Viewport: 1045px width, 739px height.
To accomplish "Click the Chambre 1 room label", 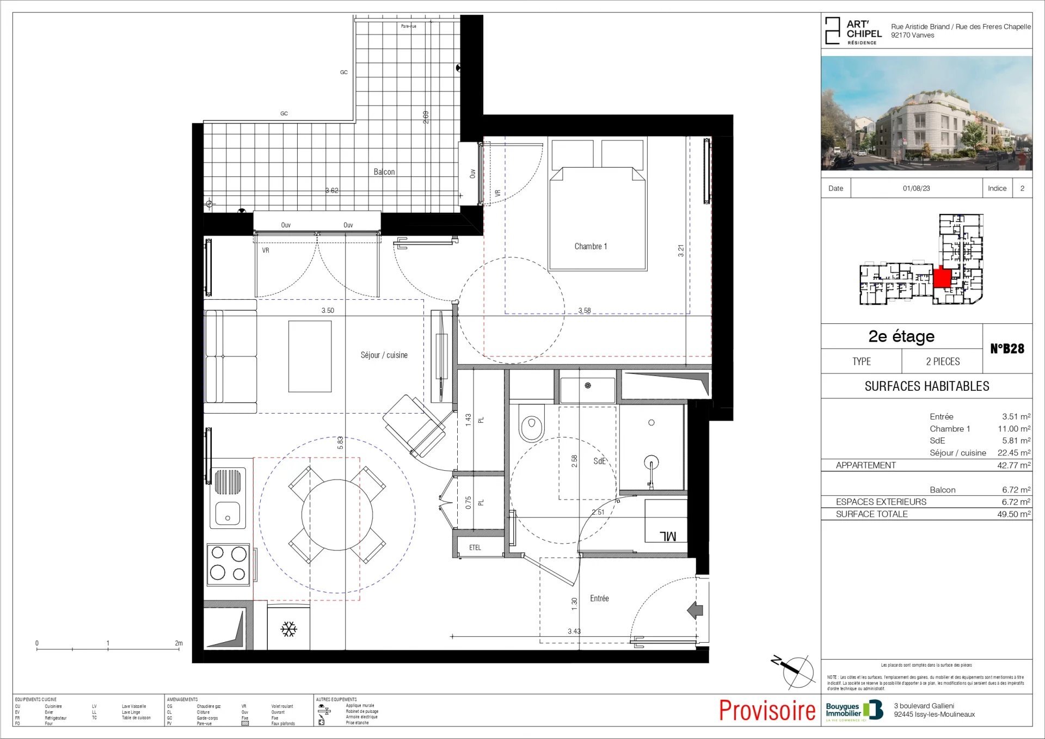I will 591,247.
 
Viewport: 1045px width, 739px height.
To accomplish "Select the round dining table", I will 337,515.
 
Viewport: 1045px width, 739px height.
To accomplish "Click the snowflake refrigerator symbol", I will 288,630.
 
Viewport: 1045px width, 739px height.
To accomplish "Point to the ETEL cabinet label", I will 475,547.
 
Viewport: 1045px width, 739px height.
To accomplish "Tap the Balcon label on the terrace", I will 384,172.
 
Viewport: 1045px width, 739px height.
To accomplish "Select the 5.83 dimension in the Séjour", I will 340,442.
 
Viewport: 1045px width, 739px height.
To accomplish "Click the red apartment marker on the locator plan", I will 942,278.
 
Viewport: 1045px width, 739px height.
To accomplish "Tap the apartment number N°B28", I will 1007,349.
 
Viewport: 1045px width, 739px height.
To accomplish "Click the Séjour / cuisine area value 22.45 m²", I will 1013,453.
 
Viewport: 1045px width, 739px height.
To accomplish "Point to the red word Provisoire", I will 767,711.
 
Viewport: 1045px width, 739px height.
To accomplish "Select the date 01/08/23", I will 916,188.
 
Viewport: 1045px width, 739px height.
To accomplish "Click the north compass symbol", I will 797,670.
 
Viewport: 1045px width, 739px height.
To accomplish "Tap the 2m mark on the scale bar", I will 179,643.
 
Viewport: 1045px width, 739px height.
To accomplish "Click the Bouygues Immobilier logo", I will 854,711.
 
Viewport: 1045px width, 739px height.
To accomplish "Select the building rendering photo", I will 926,113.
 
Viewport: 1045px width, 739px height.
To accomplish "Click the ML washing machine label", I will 668,536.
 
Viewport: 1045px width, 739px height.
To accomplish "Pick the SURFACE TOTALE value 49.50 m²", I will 1013,514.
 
